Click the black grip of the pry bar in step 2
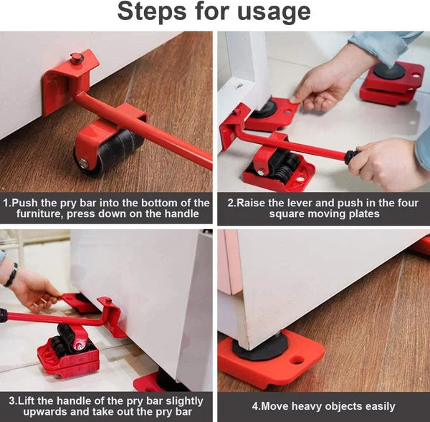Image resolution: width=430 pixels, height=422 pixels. tap(350, 156)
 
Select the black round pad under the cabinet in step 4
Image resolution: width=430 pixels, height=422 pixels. tap(258, 349)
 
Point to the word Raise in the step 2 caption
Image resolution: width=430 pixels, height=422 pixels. tap(252, 203)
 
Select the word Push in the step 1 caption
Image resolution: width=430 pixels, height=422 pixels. tap(29, 203)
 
